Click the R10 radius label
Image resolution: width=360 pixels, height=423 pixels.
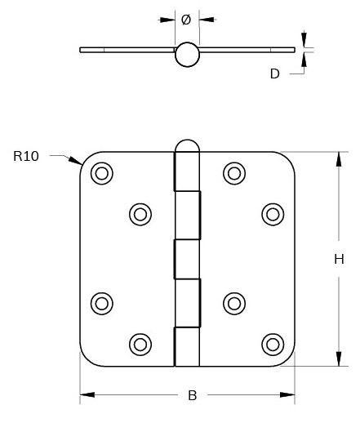click(x=26, y=156)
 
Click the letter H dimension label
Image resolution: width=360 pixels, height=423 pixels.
click(x=339, y=260)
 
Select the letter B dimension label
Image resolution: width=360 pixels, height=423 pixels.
click(x=193, y=396)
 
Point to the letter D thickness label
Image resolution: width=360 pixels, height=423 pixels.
click(x=274, y=73)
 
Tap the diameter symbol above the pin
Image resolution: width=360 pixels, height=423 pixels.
click(x=186, y=19)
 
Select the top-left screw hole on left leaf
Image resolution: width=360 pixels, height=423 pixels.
click(x=101, y=172)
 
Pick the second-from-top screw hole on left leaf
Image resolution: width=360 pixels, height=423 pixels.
click(x=140, y=214)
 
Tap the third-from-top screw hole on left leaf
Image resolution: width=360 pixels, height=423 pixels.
click(x=101, y=303)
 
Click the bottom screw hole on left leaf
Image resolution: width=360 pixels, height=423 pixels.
click(x=140, y=343)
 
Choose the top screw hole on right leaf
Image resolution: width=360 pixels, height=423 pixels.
click(x=234, y=172)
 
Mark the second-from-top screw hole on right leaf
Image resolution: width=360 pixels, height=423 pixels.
click(x=273, y=214)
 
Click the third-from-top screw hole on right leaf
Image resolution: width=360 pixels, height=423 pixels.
click(x=234, y=303)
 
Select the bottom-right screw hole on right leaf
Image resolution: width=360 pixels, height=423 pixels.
click(x=273, y=343)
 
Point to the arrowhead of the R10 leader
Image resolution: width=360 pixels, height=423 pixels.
click(x=76, y=162)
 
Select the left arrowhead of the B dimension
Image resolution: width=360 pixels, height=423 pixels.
click(x=85, y=396)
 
